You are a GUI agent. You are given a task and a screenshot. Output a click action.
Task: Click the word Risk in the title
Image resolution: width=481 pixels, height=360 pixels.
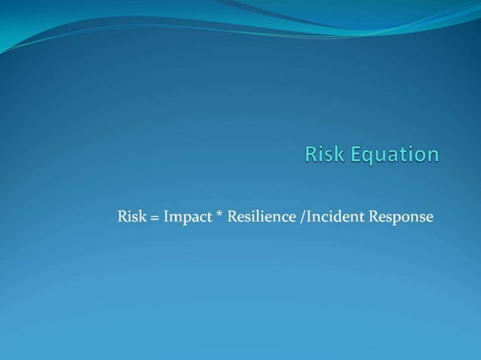(323, 154)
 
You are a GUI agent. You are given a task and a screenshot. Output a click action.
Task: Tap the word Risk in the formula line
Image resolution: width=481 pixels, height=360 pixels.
(132, 217)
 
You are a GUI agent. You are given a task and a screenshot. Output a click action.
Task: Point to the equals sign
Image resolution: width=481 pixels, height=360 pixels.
(155, 218)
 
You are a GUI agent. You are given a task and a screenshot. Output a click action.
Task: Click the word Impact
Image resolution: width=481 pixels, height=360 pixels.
(188, 217)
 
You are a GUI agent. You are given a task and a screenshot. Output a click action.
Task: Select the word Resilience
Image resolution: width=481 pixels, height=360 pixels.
(261, 217)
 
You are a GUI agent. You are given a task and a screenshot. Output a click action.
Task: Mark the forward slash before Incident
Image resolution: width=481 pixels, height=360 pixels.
(302, 217)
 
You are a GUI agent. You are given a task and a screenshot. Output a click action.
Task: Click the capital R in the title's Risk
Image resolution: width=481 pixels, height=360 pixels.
(311, 154)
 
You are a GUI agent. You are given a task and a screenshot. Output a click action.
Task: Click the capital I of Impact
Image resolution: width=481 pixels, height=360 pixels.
(166, 217)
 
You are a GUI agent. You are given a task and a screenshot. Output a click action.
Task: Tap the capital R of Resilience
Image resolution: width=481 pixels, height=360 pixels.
(232, 217)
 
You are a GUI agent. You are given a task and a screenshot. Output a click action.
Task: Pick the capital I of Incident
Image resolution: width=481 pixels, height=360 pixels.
(308, 217)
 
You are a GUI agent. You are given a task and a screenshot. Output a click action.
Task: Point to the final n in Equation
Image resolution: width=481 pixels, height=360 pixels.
(432, 155)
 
